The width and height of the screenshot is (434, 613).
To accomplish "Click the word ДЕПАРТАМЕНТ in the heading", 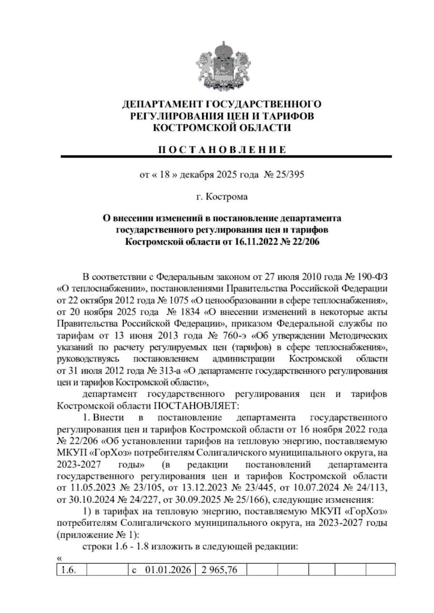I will [x=161, y=104].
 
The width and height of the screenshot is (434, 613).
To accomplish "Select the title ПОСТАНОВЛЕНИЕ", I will [x=222, y=150].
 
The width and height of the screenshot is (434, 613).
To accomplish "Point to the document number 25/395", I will [x=289, y=175].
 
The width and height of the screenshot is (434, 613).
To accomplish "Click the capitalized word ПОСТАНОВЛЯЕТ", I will [x=195, y=406].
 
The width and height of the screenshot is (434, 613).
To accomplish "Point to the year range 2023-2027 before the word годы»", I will [x=78, y=464].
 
